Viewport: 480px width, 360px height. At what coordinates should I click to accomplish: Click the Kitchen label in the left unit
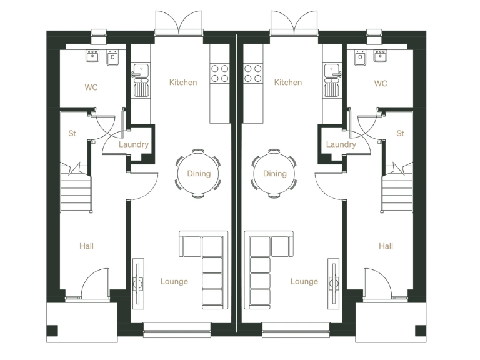point(183,82)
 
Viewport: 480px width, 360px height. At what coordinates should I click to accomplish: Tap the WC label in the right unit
point(381,84)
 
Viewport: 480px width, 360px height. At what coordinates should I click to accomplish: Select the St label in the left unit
point(72,133)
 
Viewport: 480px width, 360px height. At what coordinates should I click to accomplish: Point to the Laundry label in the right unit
point(341,144)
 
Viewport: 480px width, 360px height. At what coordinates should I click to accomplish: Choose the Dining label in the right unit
point(275,174)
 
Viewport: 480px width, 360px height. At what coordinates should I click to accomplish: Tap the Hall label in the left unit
point(87,246)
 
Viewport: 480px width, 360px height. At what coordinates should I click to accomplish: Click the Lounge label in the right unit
point(304,281)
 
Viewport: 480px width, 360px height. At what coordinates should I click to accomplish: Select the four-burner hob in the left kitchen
point(220,73)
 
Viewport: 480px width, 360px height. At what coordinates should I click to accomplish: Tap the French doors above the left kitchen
point(179,23)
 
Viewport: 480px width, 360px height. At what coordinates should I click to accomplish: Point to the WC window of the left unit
point(99,32)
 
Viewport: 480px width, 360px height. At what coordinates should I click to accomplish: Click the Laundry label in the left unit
point(134,144)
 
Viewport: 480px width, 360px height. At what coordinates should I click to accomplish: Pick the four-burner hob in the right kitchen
point(253,73)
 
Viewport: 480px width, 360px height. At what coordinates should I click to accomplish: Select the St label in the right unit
point(401,133)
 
